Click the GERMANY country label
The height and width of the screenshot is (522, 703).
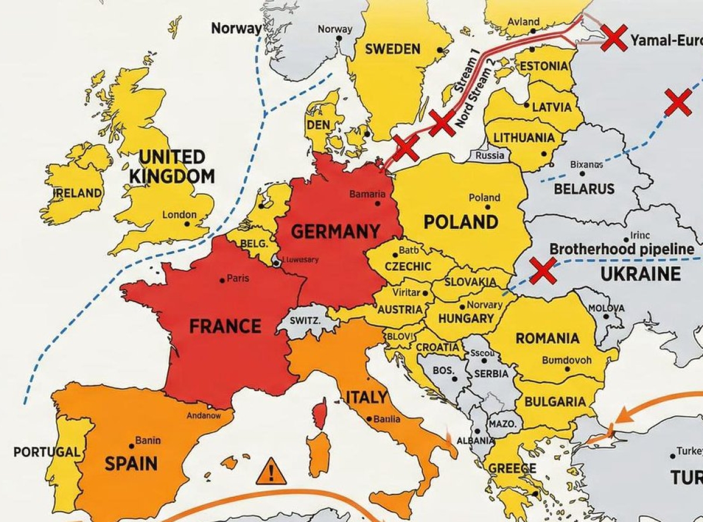(335, 232)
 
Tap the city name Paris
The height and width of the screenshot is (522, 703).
(238, 278)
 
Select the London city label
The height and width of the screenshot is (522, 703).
(179, 215)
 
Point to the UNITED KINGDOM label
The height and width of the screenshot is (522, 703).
(172, 166)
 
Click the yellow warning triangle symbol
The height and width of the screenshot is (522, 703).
(271, 471)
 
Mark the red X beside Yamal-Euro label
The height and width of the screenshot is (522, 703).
(614, 38)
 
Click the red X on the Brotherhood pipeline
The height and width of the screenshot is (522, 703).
(542, 270)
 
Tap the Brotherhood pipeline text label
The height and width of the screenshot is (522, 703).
(621, 249)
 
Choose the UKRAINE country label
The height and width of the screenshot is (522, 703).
(641, 274)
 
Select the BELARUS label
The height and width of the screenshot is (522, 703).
(583, 188)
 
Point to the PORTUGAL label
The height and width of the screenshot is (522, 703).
(46, 452)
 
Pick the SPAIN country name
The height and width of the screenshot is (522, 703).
(131, 463)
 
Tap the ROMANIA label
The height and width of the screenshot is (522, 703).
(547, 338)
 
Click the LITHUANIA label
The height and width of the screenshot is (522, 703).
(524, 138)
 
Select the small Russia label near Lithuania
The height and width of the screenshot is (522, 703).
(489, 156)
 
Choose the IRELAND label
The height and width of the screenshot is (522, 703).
(78, 193)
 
